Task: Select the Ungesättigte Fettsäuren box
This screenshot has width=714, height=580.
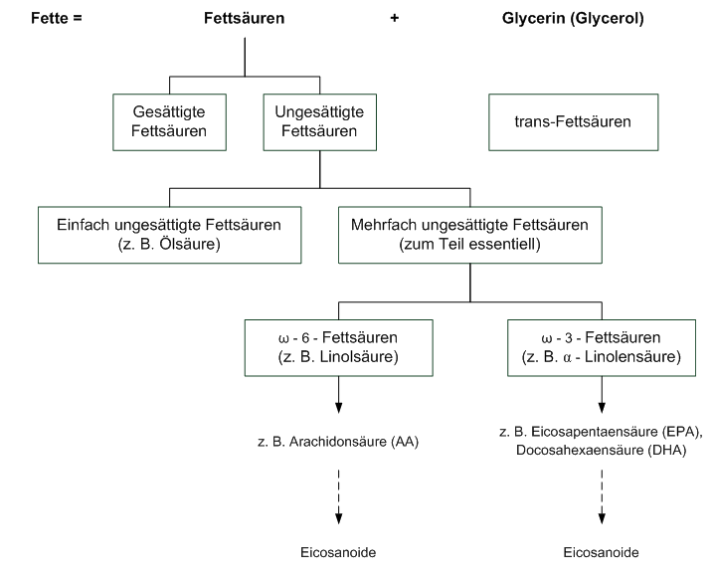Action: click(318, 121)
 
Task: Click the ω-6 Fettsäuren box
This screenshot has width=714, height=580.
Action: click(339, 345)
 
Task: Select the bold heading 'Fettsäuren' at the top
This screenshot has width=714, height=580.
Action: click(245, 19)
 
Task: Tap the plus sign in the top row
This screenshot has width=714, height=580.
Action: click(395, 19)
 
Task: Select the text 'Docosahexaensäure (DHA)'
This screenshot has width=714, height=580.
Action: click(601, 450)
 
